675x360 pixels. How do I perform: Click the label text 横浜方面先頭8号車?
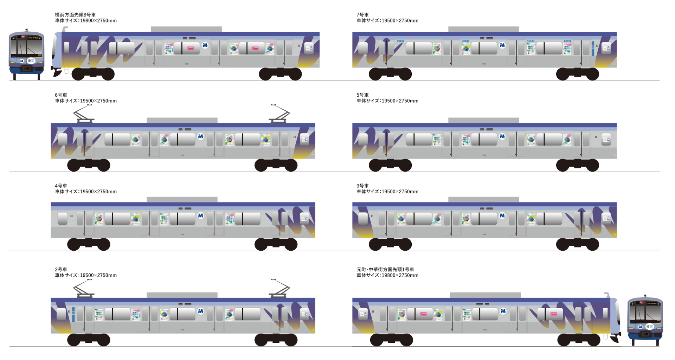click(75, 15)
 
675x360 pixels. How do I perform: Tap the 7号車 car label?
click(362, 15)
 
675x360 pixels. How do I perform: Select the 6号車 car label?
click(61, 95)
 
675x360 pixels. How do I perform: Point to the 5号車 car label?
click(362, 95)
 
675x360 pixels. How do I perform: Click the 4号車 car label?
click(61, 186)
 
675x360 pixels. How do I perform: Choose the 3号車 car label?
click(362, 186)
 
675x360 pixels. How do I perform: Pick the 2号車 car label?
click(61, 269)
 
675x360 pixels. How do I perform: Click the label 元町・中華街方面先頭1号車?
click(385, 269)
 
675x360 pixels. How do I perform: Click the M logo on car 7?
click(502, 45)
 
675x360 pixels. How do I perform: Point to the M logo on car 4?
click(200, 216)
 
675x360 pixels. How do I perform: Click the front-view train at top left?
click(26, 54)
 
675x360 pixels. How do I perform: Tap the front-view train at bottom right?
click(645, 320)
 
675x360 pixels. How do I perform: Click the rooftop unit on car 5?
click(483, 120)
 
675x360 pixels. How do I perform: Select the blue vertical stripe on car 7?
click(593, 49)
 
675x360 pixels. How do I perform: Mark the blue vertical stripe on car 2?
click(73, 314)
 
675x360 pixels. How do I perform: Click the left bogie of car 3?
click(390, 244)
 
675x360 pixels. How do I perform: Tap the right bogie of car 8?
click(280, 74)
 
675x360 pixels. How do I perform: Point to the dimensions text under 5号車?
click(387, 101)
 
